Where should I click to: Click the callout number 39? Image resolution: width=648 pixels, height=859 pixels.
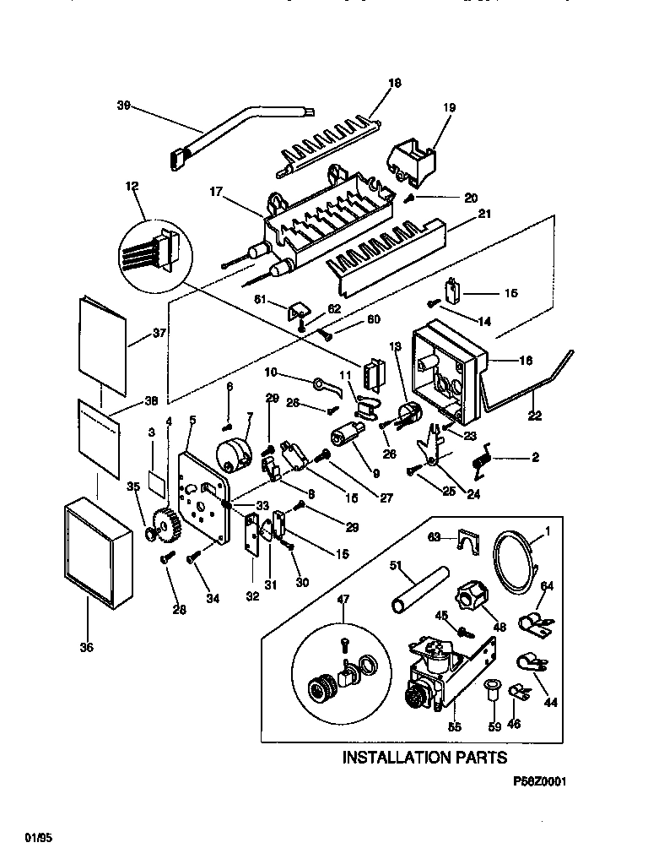click(123, 106)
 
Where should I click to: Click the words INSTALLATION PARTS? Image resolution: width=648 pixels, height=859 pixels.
click(424, 757)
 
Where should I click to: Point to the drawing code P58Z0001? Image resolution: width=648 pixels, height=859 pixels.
click(539, 782)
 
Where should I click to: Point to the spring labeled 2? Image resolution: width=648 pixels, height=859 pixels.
click(482, 465)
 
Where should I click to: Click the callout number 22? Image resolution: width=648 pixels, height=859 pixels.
click(535, 416)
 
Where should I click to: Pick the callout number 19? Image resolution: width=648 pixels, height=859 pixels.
click(449, 107)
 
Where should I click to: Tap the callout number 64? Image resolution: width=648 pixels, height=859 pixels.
click(547, 586)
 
